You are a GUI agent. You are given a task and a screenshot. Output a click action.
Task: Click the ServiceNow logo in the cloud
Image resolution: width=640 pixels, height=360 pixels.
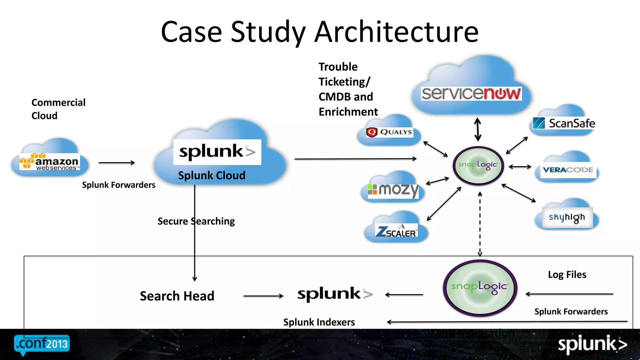(471, 93)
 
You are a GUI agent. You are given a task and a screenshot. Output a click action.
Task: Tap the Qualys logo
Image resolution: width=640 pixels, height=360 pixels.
(389, 132)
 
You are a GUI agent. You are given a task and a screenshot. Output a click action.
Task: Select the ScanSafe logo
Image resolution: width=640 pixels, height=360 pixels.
(564, 123)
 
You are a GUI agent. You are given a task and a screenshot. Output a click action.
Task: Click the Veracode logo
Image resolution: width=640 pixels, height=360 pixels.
(568, 170)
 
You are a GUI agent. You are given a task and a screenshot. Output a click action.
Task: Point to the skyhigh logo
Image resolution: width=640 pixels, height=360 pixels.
(567, 217)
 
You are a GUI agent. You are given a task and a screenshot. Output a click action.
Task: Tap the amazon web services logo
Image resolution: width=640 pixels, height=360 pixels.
(50, 162)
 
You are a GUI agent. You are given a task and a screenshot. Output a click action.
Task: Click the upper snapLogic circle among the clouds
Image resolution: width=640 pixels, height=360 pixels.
(478, 165)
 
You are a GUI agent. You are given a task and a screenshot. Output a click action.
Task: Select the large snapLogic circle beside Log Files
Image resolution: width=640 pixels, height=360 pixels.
(480, 287)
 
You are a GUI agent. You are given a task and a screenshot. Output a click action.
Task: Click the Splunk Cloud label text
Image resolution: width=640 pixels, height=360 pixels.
(212, 176)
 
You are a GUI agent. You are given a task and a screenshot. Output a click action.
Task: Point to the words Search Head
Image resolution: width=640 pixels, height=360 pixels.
(177, 296)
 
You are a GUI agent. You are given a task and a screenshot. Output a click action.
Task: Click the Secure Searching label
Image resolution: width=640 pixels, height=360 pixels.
(196, 221)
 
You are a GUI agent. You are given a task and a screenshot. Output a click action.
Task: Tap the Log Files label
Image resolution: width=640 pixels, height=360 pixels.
(567, 274)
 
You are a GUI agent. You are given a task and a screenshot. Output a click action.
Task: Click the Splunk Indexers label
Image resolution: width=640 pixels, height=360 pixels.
(319, 322)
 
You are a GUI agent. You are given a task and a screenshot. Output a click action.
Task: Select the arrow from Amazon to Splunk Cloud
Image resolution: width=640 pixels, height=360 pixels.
(117, 162)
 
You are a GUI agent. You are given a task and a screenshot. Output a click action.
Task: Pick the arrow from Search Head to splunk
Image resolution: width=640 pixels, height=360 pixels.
(263, 296)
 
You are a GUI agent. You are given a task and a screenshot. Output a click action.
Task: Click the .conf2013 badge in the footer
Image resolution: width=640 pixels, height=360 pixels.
(42, 344)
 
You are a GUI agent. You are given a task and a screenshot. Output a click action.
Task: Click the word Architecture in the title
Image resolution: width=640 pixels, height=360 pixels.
(396, 32)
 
